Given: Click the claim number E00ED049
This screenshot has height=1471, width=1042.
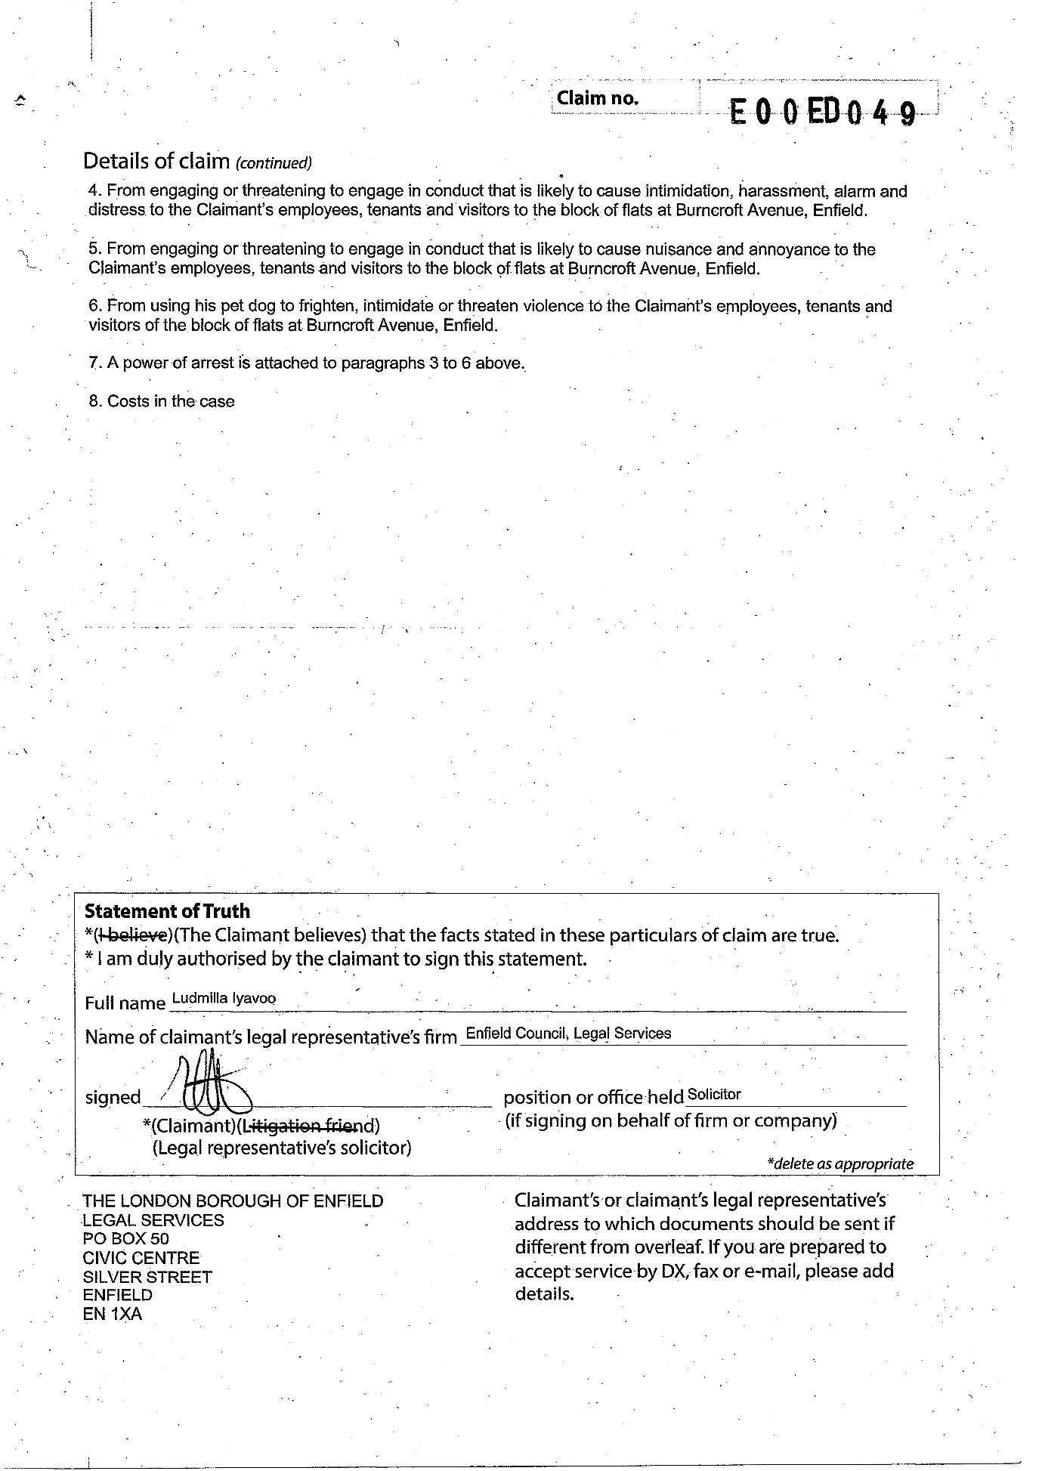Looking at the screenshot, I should (823, 113).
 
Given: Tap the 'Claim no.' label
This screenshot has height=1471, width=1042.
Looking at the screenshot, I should (597, 98).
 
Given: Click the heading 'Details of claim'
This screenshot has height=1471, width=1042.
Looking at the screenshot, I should (156, 161).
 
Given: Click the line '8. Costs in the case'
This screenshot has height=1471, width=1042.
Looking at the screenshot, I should (162, 401).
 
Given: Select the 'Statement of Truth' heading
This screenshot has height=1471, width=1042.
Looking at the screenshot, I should (167, 912).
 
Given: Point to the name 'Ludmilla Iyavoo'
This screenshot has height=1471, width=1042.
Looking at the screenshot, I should (224, 998).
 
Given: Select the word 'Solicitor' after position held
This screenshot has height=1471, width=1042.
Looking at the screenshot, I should (714, 1094).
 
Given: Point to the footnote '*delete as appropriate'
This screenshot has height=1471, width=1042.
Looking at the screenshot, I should (839, 1164).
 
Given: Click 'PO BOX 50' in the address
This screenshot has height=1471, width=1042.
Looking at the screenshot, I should (126, 1239).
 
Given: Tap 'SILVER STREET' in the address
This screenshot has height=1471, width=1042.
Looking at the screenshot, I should (147, 1277).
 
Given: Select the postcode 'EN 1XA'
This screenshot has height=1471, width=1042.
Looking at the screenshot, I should (113, 1314).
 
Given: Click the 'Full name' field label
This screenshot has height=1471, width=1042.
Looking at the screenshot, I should (125, 1003).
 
